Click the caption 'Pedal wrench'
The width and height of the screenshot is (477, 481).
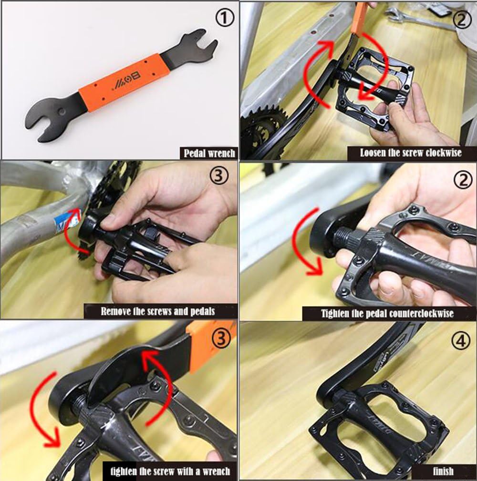point(210,153)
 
